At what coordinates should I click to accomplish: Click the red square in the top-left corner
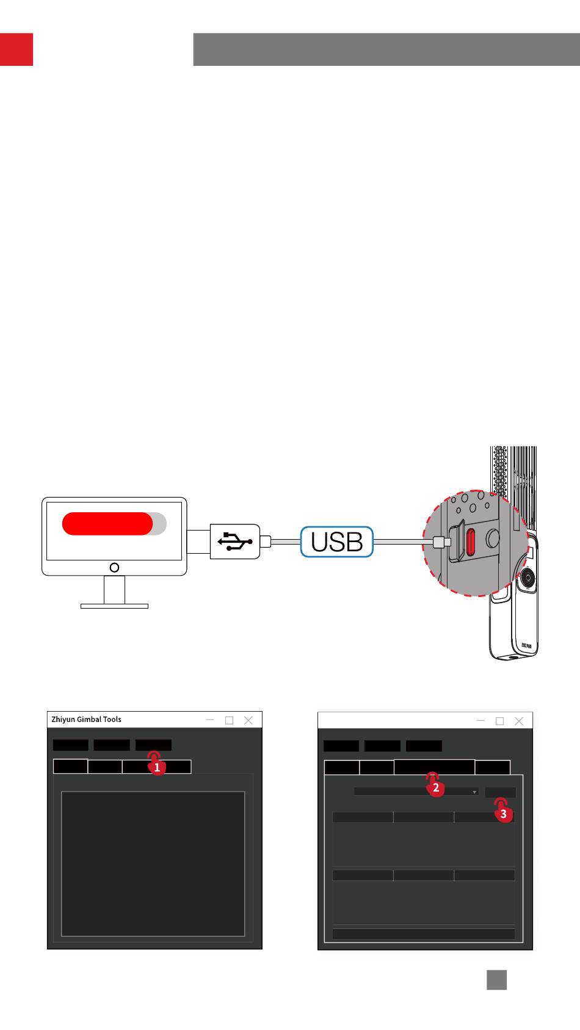16,49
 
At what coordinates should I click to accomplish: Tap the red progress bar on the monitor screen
107,523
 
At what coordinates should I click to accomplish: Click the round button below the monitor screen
114,568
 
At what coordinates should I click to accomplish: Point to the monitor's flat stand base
114,606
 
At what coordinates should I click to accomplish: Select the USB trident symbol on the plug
234,542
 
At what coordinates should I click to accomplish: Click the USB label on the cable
336,542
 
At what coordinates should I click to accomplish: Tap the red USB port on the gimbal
471,540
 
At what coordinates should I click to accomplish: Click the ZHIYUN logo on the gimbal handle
526,645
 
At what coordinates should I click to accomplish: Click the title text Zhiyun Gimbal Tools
86,720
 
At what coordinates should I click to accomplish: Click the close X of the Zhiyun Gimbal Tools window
248,720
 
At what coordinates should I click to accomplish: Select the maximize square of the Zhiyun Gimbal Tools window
229,720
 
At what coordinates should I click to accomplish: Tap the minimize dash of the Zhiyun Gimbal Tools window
210,720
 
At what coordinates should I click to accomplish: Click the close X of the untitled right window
518,721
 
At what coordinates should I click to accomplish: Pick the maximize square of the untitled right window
499,721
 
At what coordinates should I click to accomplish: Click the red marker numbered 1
157,768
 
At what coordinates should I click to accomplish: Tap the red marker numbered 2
436,787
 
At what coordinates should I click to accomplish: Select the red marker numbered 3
503,814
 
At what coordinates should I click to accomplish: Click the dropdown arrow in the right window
474,792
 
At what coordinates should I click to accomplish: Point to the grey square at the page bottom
496,979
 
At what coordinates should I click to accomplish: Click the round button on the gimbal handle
528,577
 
